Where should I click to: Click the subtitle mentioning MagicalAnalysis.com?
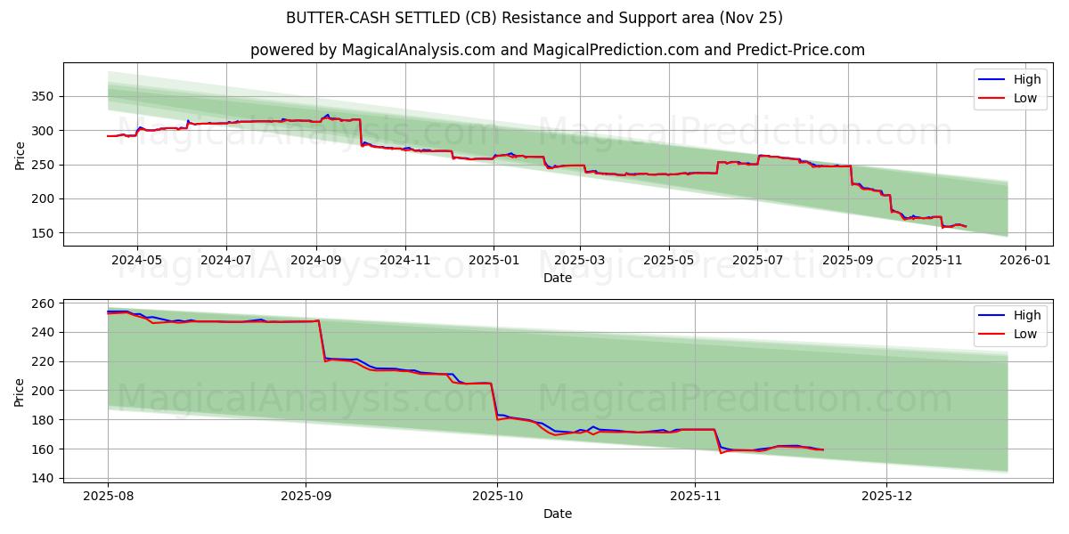[557, 50]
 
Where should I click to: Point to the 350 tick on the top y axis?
[45, 96]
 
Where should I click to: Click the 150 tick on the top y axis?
[45, 233]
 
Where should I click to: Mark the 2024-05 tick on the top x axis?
[137, 260]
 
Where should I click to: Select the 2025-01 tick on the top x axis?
[494, 260]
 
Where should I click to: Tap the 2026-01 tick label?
[1024, 260]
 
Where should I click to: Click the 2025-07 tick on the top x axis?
[757, 260]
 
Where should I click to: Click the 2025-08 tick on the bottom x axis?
[108, 496]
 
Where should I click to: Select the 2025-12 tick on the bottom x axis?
[887, 496]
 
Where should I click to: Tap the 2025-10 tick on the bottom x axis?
[497, 496]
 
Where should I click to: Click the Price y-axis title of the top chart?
[20, 155]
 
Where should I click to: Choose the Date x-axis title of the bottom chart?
[557, 514]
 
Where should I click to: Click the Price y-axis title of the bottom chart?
[20, 392]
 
